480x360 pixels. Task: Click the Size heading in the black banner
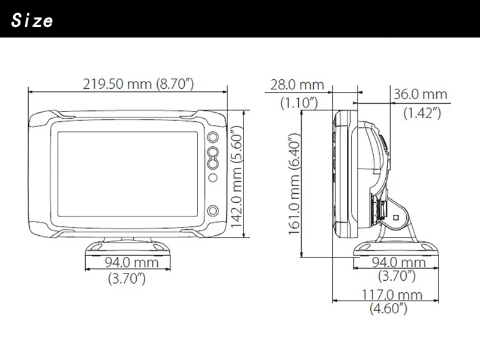[x=32, y=21]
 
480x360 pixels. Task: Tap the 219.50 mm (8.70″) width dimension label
[x=139, y=83]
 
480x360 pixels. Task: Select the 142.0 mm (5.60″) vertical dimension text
[x=236, y=178]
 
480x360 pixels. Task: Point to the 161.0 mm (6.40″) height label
[x=295, y=184]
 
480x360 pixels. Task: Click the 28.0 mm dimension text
[x=297, y=85]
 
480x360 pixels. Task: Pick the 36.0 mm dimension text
[x=421, y=94]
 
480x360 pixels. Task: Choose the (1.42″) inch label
[x=422, y=113]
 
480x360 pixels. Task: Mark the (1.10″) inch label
[x=299, y=103]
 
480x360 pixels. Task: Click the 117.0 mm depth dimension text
[x=392, y=295]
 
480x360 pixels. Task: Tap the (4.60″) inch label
[x=388, y=308]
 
